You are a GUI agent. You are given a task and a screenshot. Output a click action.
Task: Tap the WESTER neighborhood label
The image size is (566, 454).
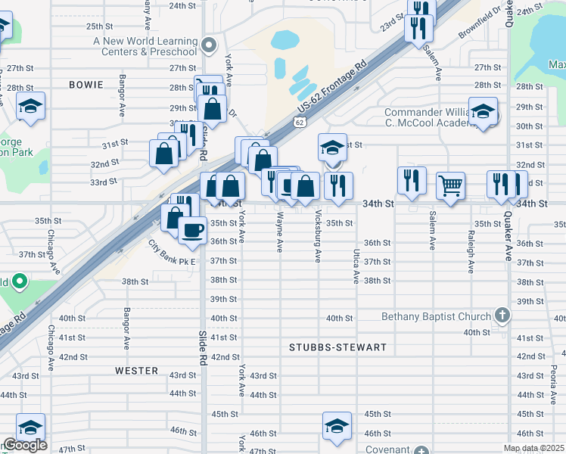(137, 371)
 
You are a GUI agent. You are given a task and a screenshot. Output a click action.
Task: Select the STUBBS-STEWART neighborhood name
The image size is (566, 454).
(337, 347)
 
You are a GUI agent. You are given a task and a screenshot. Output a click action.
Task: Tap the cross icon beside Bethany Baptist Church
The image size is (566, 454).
(501, 314)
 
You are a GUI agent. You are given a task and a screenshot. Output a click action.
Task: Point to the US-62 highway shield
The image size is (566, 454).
(300, 121)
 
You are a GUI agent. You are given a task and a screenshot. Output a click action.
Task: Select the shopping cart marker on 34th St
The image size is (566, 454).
(450, 184)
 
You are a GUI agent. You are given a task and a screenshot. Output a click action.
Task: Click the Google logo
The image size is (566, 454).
(24, 445)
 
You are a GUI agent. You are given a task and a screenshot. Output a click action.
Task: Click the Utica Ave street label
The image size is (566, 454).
(355, 266)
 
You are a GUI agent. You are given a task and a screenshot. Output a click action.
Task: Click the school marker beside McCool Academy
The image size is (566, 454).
(482, 111)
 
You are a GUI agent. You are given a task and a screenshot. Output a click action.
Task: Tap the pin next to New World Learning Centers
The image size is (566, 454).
(210, 43)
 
